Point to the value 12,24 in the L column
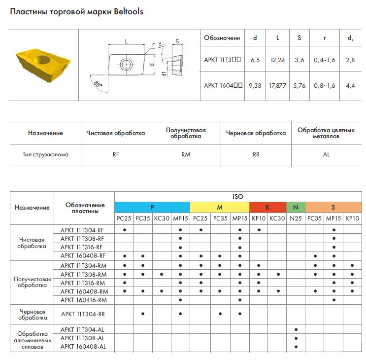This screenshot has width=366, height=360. click(277, 60)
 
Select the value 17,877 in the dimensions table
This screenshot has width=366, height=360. click(277, 85)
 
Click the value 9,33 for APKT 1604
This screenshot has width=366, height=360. click(255, 85)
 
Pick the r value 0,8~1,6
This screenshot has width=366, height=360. click(325, 85)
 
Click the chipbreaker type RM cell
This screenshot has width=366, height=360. click(186, 154)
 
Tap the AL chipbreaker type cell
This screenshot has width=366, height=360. click(326, 154)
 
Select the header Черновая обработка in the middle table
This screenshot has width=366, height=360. click(256, 133)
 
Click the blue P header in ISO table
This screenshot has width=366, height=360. click(152, 207)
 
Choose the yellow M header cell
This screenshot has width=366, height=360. click(219, 207)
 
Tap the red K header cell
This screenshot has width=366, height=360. click(267, 207)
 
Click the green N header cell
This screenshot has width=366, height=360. click(296, 207)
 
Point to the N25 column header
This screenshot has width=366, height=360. click(296, 218)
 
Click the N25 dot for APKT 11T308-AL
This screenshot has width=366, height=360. click(296, 338)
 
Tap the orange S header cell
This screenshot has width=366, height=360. click(333, 207)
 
